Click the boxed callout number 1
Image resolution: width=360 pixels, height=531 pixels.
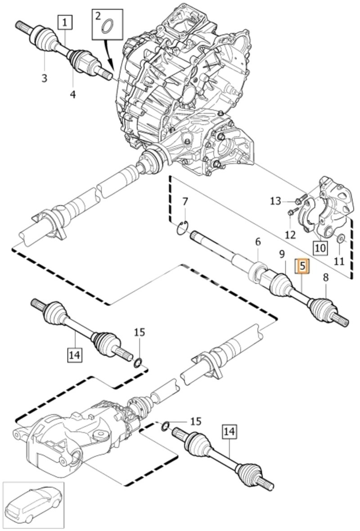tap(66, 23)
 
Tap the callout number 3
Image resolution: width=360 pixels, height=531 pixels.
tap(44, 78)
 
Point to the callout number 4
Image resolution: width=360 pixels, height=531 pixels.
tap(73, 95)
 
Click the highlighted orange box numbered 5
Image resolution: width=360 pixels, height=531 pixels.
tap(302, 266)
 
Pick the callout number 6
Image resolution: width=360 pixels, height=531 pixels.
tap(258, 242)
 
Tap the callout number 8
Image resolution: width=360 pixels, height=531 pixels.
tap(325, 278)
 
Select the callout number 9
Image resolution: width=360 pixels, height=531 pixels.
tap(282, 254)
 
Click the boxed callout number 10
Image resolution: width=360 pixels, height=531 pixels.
tap(320, 248)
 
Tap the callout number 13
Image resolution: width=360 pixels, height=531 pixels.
tap(276, 201)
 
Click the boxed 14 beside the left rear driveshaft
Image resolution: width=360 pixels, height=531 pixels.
tap(74, 355)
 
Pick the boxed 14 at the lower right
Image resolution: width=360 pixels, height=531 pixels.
tap(229, 431)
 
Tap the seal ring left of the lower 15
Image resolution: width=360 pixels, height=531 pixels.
tap(165, 427)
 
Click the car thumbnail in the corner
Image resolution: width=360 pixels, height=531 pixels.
tap(33, 504)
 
